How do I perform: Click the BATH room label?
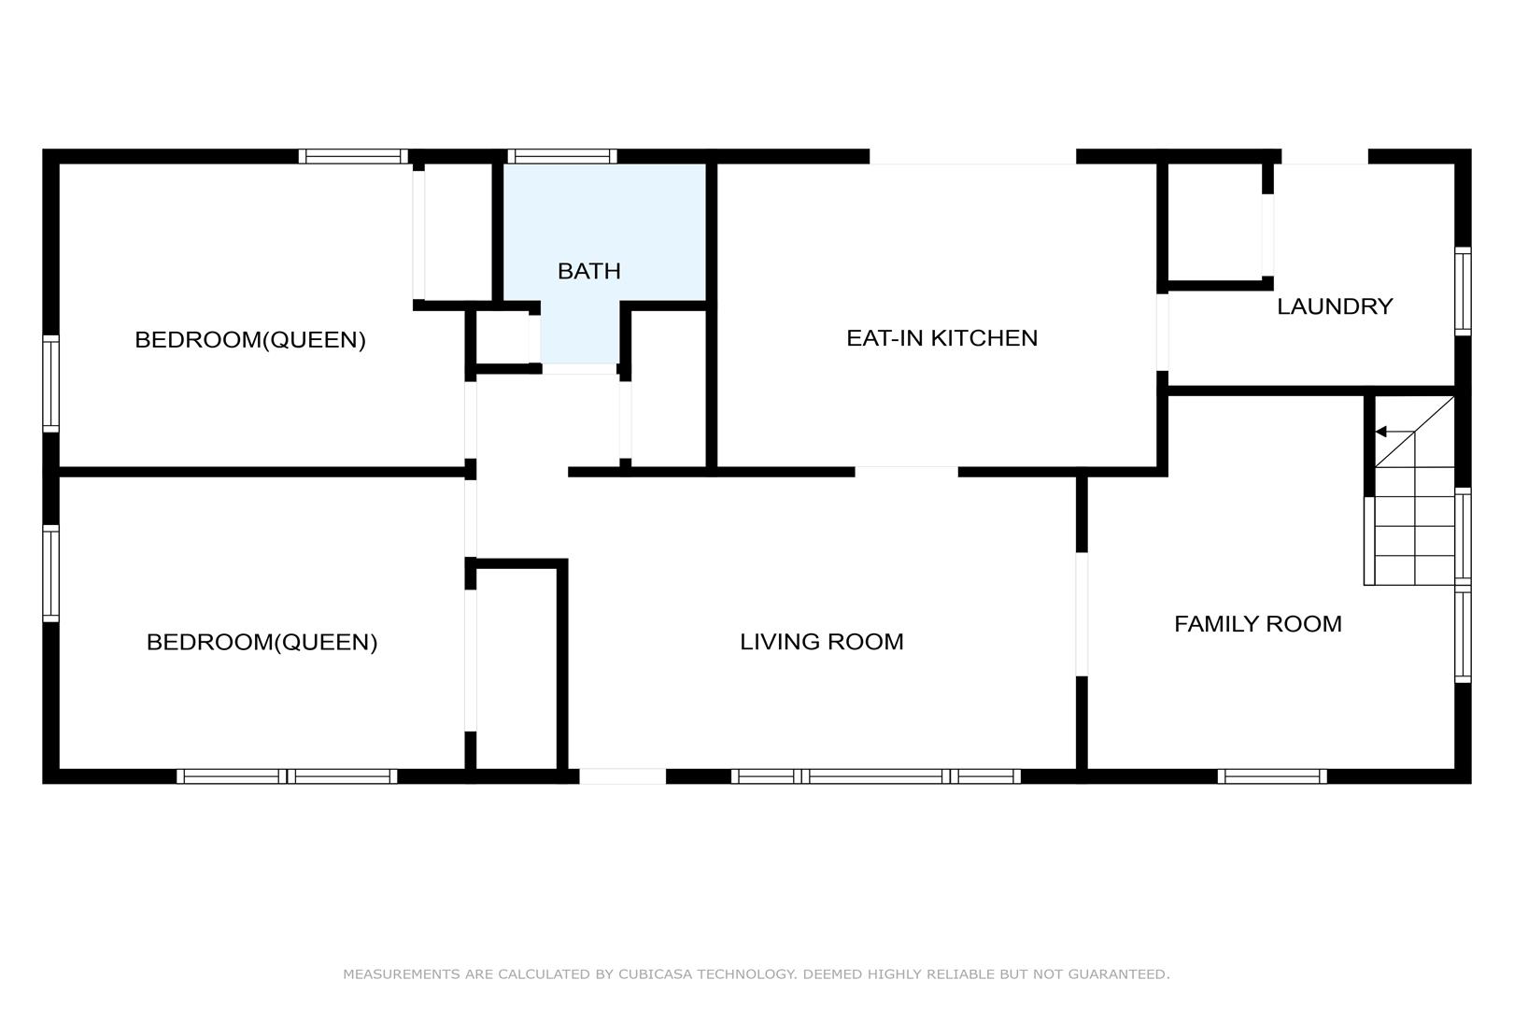[x=588, y=271]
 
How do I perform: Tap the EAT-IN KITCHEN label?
[x=941, y=338]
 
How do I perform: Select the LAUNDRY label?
[x=1335, y=306]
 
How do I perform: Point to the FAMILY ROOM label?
[x=1257, y=623]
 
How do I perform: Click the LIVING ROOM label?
[x=821, y=642]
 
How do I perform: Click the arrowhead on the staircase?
[x=1380, y=432]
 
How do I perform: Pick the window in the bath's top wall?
[x=562, y=156]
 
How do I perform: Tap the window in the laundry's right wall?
[x=1463, y=291]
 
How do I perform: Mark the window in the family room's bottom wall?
[x=1272, y=776]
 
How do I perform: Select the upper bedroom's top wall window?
[x=353, y=156]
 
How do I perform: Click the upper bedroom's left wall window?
[x=50, y=383]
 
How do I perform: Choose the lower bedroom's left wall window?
[x=50, y=574]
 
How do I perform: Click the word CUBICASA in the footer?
[x=655, y=974]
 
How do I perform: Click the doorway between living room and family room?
[x=1082, y=614]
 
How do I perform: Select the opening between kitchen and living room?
[x=906, y=472]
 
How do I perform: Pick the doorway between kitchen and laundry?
[x=1163, y=332]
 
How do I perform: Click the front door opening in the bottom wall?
[x=622, y=776]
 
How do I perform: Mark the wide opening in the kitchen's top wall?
[x=972, y=156]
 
